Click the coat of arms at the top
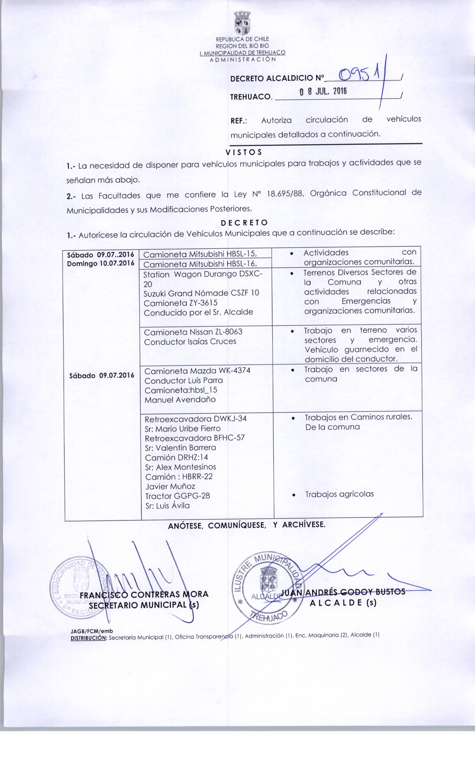242,23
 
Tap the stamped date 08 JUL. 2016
323,92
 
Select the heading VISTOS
244,152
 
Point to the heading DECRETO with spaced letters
244,223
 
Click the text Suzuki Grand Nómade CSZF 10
201,293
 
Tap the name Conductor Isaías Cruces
190,342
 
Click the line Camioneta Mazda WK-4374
197,371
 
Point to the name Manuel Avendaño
180,400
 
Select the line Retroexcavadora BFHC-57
194,438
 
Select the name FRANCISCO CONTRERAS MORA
144,594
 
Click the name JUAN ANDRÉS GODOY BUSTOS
343,592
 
